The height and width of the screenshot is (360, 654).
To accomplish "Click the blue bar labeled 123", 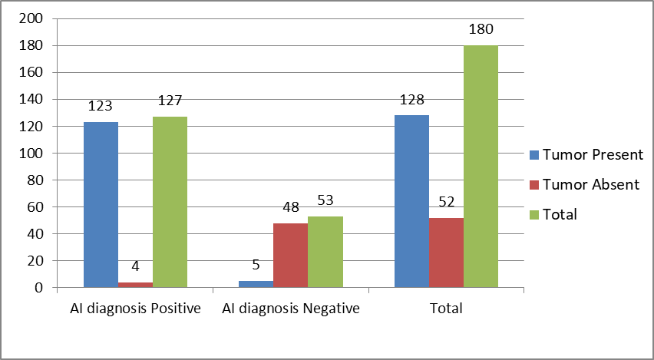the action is coord(101,205).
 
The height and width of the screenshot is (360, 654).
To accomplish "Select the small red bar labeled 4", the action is coord(136,285).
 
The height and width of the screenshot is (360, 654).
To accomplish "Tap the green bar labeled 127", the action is coord(170,202).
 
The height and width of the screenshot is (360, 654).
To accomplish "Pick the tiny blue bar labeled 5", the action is coord(256,284).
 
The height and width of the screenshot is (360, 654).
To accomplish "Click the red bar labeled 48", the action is coord(291,256).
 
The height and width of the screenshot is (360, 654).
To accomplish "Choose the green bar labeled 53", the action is coord(325,252).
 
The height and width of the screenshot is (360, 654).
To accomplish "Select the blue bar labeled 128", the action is coord(411,201).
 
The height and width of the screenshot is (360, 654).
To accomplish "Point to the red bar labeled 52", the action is coord(446,253).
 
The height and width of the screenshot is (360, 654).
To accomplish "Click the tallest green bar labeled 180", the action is coord(481,167).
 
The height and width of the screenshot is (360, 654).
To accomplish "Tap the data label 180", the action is coord(481,30).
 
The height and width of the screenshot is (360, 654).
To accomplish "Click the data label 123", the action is coord(101,106).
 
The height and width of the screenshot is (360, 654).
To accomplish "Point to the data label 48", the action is coord(291,207).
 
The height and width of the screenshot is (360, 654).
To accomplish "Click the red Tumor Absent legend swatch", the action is coord(534,185).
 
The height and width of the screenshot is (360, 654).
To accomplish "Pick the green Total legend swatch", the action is coord(534,214).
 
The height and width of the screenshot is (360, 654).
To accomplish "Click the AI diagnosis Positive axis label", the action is coord(135,309).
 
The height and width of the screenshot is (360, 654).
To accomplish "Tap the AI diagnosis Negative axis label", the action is coord(291,309).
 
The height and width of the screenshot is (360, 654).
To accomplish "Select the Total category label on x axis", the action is coord(446,309).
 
